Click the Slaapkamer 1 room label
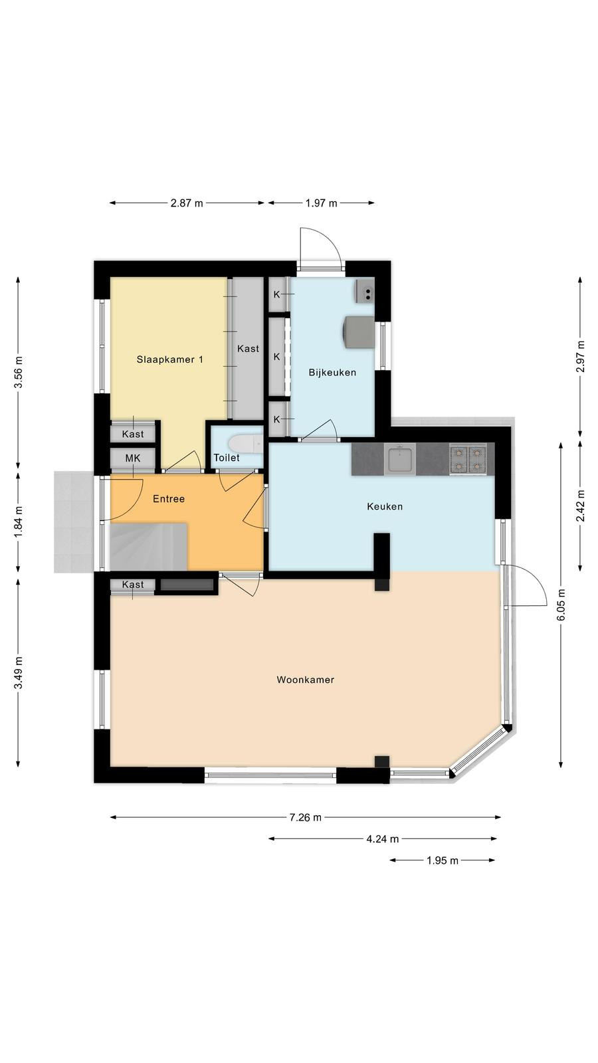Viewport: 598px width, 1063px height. pos(170,359)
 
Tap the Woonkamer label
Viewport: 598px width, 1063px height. pos(305,680)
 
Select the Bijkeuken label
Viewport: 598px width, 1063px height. pos(332,373)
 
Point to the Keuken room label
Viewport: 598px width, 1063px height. pos(385,506)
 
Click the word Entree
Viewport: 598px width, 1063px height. pos(169,499)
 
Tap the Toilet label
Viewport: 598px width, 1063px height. pos(227,458)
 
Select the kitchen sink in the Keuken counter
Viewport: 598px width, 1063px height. pos(401,459)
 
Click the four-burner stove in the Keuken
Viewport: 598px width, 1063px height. pos(468,459)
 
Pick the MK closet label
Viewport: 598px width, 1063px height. pos(133,458)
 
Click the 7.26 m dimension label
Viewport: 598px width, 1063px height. pos(305,817)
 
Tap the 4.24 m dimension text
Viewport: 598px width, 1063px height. pos(383,839)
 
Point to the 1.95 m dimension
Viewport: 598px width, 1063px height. pos(443,860)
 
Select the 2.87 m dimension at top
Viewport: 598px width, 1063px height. pos(187,203)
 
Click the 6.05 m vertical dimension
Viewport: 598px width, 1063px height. pos(561,605)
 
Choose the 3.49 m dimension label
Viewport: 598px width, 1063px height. pos(18,672)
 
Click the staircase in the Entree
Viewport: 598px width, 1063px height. pos(149,546)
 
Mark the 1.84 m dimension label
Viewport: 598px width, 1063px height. pos(18,522)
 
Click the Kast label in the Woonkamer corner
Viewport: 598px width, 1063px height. pos(133,584)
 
